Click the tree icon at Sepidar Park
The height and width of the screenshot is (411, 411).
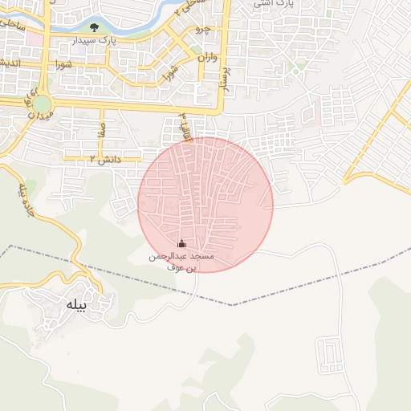point(94,27)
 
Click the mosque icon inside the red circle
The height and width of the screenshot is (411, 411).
point(181,244)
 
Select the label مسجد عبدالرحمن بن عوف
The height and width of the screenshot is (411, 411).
point(181,261)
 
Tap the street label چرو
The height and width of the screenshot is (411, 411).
point(204,29)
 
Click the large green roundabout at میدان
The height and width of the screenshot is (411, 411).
point(42,104)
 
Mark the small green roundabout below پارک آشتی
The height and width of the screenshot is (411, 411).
point(298,70)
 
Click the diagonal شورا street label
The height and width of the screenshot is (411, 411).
point(169,73)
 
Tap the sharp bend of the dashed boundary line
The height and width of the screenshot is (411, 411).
point(233,305)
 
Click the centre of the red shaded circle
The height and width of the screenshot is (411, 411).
point(205,205)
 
